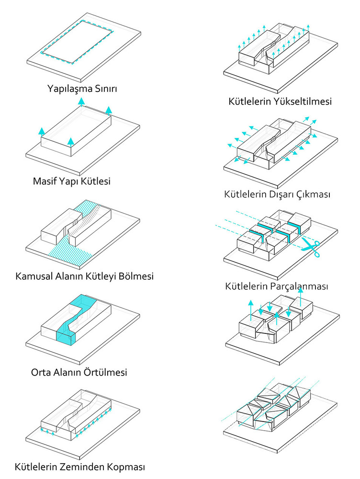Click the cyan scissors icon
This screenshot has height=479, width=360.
311,248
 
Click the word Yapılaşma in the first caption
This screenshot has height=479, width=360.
70,89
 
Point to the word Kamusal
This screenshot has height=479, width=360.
34,276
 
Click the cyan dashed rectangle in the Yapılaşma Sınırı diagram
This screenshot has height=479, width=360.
77,42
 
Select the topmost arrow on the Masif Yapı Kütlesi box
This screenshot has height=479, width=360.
81,102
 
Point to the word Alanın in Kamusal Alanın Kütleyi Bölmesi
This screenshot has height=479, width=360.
70,276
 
